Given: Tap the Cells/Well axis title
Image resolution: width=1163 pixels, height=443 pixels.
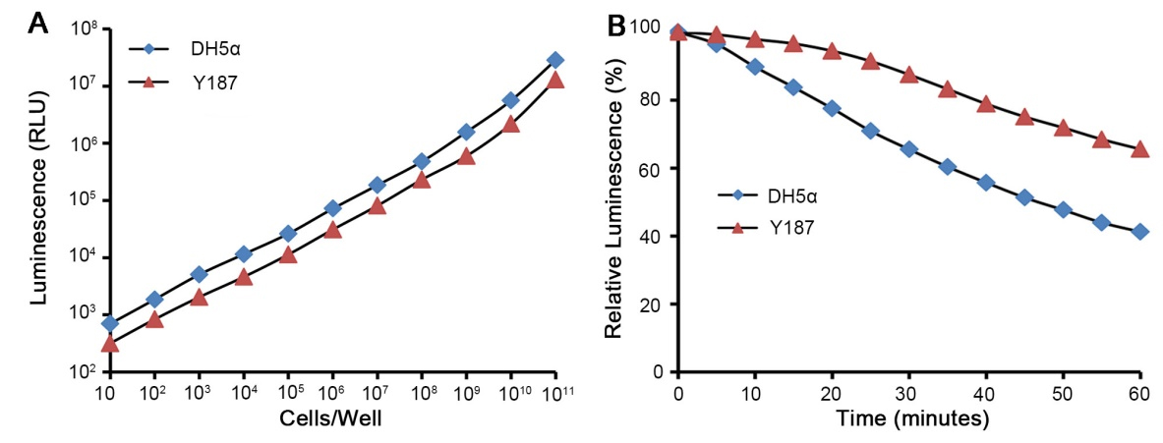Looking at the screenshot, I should pos(333,420).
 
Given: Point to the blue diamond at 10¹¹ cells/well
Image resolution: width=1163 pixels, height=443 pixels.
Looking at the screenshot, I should pos(555,60).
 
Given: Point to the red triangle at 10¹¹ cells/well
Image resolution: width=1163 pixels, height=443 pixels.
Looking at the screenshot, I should pos(555,80).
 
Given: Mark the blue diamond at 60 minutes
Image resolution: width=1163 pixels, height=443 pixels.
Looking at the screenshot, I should pos(1139,232).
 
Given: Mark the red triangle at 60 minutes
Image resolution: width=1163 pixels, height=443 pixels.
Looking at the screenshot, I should pos(1139,149).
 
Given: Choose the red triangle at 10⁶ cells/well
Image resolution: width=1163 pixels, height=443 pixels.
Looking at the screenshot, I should pos(332,230).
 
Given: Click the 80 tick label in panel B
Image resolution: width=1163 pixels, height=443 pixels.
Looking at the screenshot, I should pos(655,100).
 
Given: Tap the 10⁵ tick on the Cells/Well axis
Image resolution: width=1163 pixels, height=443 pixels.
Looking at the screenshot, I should pos(288,393).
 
